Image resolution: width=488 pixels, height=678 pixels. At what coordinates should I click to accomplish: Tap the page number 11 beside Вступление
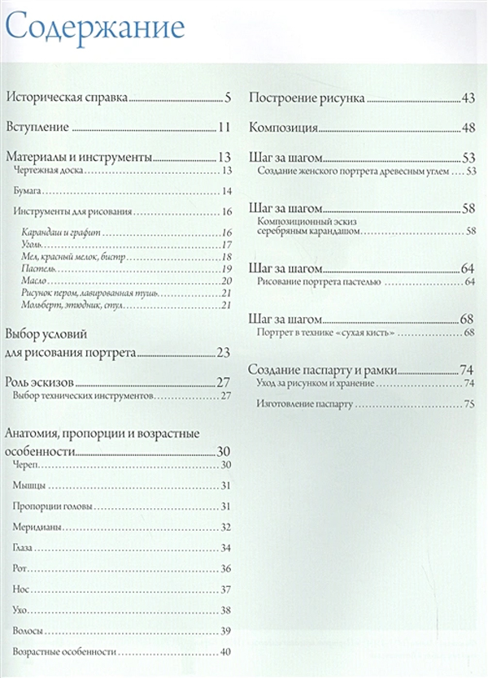point(225,127)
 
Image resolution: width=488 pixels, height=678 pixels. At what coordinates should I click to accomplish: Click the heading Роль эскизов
point(41,382)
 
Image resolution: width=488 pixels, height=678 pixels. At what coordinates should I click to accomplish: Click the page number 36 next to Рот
point(226,568)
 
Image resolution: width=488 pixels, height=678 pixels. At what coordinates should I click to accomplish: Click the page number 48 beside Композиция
point(468,128)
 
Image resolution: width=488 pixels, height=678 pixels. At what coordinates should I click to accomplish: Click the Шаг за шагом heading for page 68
point(288,318)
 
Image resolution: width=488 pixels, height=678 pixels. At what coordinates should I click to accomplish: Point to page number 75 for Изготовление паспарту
point(468,404)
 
